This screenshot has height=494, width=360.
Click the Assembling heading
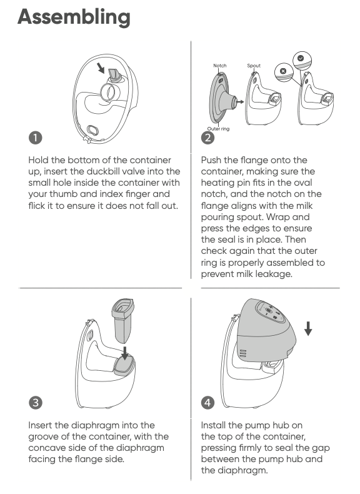click(x=74, y=18)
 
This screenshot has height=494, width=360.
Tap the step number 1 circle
click(x=35, y=138)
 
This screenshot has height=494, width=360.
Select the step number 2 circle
click(x=207, y=138)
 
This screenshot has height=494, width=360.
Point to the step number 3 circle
click(x=35, y=403)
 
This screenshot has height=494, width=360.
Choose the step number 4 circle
click(x=207, y=403)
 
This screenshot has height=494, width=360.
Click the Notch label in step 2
click(x=220, y=66)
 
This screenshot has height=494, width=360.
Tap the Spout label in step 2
click(x=254, y=66)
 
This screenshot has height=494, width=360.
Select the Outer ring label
click(x=218, y=129)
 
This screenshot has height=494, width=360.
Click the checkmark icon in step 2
click(x=301, y=58)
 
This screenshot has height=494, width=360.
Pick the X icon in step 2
click(x=283, y=71)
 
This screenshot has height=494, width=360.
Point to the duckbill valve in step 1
click(x=114, y=76)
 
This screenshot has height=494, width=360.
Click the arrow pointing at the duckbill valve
click(x=101, y=68)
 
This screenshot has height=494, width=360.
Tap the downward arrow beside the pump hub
click(x=308, y=328)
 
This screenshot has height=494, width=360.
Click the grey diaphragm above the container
click(x=123, y=320)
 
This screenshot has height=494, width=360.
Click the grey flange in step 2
click(x=222, y=98)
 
